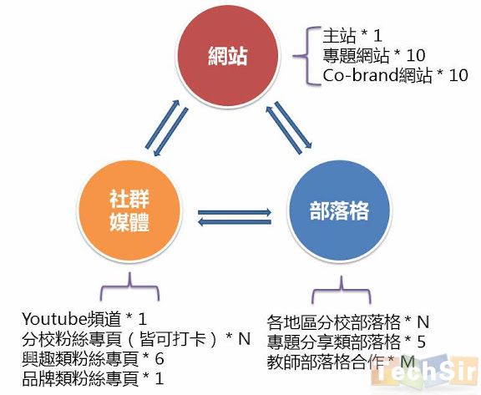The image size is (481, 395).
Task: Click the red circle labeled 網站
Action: click(228, 56)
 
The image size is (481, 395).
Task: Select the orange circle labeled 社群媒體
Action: click(129, 211)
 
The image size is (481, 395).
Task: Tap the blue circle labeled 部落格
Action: click(339, 211)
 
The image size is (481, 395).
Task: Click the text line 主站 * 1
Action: click(352, 36)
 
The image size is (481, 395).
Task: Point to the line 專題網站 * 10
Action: click(373, 55)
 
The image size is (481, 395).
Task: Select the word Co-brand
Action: click(361, 75)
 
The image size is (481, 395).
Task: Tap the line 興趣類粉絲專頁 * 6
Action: click(93, 358)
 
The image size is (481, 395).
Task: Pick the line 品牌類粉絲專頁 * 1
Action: click(93, 378)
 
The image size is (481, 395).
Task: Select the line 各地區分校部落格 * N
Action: click(348, 322)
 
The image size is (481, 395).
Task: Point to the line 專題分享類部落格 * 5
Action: click(346, 342)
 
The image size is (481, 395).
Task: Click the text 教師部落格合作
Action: click(326, 362)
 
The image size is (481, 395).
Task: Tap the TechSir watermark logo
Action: click(426, 372)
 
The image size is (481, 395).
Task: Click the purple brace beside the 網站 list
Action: click(306, 56)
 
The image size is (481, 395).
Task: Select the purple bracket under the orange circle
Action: click(129, 286)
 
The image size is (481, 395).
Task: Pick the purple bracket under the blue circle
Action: click(341, 289)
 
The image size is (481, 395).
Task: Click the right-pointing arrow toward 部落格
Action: click(235, 212)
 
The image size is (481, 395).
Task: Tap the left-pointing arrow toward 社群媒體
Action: click(235, 222)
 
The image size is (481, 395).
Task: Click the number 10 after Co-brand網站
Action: click(458, 75)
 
